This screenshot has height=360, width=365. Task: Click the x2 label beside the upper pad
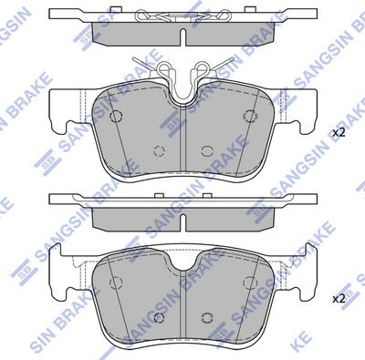[338, 133]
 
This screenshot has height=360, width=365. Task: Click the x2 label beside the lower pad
[338, 297]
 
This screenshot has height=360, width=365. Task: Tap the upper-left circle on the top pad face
[116, 117]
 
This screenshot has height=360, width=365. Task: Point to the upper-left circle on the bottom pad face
[116, 280]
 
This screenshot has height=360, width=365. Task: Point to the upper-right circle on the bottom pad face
[249, 280]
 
